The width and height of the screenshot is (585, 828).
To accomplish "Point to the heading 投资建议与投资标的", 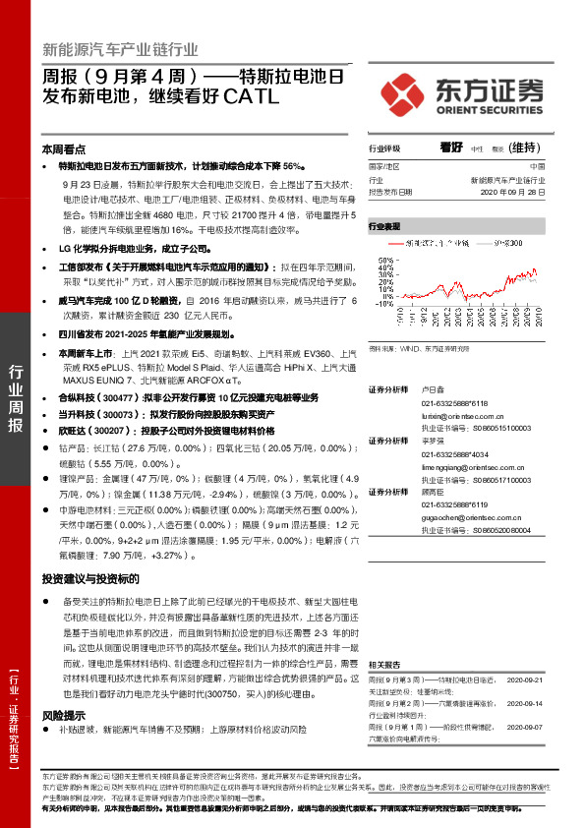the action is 91,579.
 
